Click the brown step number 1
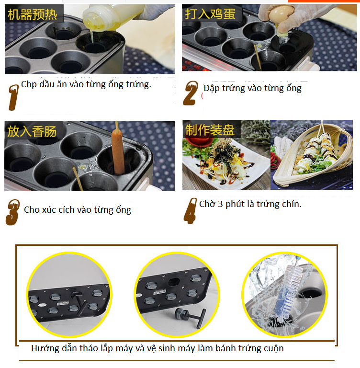click(x=13, y=97)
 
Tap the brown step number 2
click(x=191, y=93)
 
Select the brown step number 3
click(x=12, y=212)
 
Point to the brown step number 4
click(x=191, y=211)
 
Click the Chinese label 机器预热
click(x=33, y=14)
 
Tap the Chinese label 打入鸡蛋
click(x=210, y=14)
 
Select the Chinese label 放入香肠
click(x=32, y=131)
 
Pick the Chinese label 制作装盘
click(x=210, y=130)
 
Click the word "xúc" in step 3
click(x=49, y=209)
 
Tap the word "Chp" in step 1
click(x=29, y=84)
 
